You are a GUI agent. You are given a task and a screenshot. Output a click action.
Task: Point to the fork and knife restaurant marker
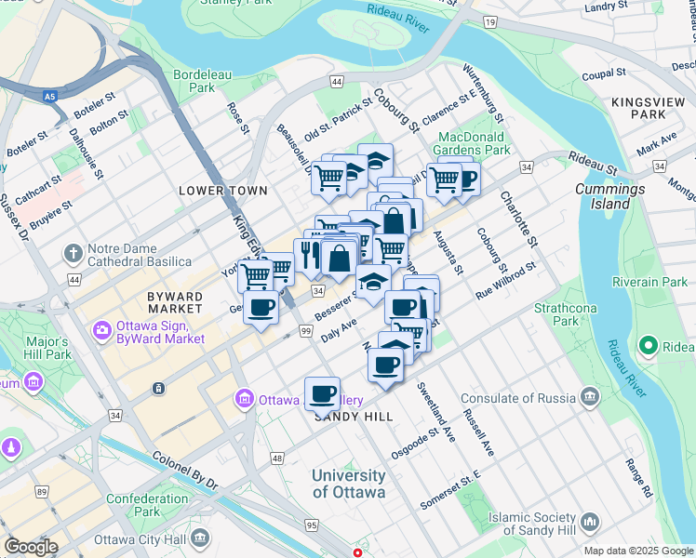coord(309,254)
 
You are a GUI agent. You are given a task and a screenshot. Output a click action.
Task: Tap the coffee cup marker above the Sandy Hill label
coord(322,393)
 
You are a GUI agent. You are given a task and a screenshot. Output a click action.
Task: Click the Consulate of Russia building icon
coord(589,397)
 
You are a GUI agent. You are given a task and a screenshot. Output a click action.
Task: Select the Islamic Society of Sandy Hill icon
coord(589,523)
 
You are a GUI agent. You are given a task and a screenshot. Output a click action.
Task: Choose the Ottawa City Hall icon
coord(200,539)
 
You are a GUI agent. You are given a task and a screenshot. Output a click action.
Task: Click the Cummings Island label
coord(609,196)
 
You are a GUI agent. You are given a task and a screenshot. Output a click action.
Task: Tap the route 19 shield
coord(490,20)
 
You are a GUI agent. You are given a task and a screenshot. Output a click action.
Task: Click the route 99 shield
coord(305,331)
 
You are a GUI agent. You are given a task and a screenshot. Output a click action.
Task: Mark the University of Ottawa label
coord(348,484)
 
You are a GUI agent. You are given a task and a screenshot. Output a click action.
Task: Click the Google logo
coord(31,547)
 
